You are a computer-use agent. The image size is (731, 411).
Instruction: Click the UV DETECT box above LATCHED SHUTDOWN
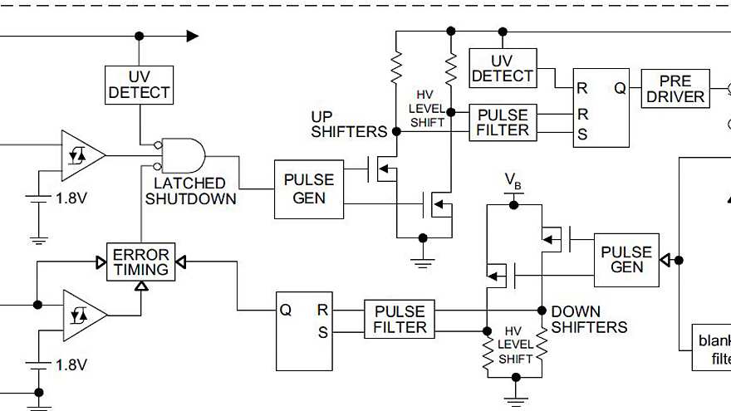[x=139, y=84]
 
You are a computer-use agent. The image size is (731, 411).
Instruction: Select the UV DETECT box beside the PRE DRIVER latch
[x=502, y=68]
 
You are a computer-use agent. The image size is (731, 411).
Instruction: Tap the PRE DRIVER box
[x=675, y=88]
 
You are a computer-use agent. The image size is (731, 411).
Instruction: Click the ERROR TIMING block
[x=140, y=262]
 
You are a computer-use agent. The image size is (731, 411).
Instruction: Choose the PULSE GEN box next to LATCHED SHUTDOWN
[x=309, y=189]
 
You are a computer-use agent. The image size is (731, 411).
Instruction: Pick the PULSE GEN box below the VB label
[x=626, y=259]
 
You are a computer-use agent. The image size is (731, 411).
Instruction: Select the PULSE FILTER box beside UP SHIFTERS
[x=503, y=122]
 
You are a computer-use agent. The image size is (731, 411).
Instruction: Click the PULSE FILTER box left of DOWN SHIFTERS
[x=400, y=320]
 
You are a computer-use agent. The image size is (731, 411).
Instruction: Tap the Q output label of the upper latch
[x=619, y=87]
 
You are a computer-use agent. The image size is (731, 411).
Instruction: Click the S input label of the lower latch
[x=322, y=334]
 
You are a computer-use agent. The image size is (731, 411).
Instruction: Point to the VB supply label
[x=514, y=182]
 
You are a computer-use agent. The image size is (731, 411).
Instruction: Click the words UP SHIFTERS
[x=349, y=123]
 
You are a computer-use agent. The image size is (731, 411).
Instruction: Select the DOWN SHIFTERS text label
[x=589, y=320]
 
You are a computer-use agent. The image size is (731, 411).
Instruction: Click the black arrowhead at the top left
[x=192, y=36]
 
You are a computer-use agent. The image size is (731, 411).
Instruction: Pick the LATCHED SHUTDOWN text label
[x=190, y=191]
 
